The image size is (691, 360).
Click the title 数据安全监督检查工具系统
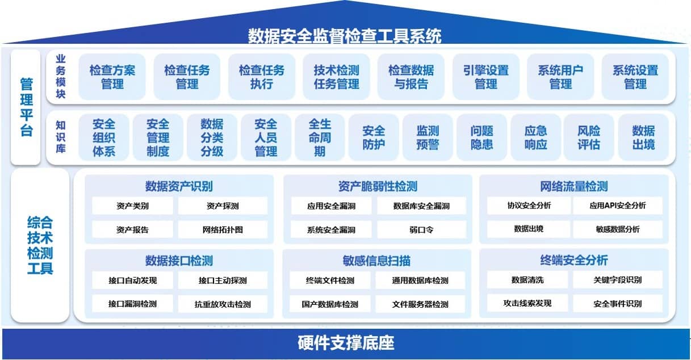coord(345,35)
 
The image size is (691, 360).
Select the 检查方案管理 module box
coord(112,77)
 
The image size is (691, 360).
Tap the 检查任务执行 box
coord(262,77)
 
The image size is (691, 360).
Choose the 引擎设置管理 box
coord(486,77)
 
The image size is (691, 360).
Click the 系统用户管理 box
coord(560,77)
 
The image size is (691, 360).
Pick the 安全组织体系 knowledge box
coord(104,137)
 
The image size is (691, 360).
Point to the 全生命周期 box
coord(320,137)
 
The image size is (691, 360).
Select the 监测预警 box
coord(428,137)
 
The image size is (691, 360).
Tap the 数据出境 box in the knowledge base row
coord(643,137)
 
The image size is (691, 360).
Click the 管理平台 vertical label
coord(26,107)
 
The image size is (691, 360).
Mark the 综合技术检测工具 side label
coord(40,245)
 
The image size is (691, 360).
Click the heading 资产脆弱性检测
coord(378,186)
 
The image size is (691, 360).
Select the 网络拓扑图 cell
coord(223,229)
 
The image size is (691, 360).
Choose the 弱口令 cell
coord(421,229)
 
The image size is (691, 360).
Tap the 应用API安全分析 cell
coord(618,206)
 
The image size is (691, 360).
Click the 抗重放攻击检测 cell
coord(223,304)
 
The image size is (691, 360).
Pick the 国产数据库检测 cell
coord(330,304)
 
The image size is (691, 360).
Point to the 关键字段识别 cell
coord(618,280)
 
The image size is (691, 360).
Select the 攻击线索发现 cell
coord(527,303)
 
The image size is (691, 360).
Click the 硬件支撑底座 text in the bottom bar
coord(346,343)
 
